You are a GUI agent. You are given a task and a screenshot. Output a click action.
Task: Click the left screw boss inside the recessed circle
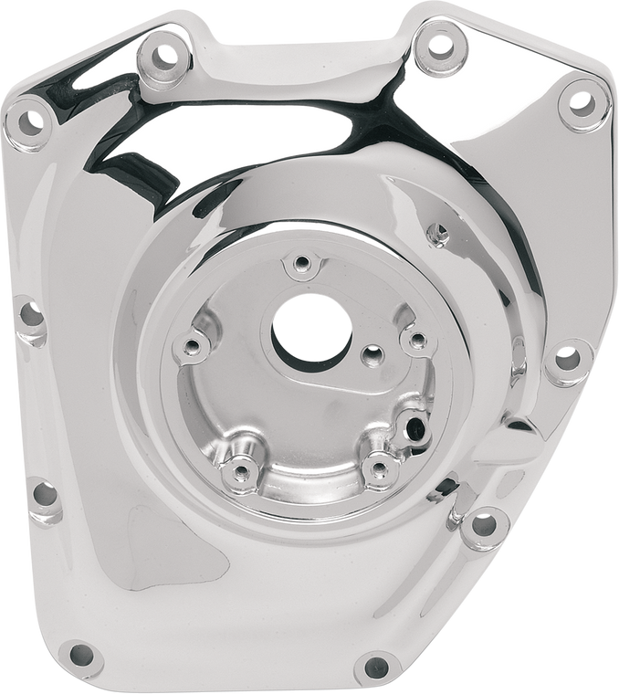click(x=192, y=346)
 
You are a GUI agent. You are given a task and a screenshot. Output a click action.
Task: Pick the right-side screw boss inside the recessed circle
click(x=417, y=341)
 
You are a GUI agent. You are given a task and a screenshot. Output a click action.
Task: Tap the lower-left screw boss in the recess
click(x=241, y=470)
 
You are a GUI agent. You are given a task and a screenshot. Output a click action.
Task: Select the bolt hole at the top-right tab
click(x=439, y=42)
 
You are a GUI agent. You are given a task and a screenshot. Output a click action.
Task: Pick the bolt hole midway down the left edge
click(x=30, y=315)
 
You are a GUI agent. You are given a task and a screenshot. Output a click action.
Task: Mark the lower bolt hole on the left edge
click(x=41, y=494)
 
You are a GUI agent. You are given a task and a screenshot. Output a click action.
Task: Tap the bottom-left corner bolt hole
click(x=80, y=654)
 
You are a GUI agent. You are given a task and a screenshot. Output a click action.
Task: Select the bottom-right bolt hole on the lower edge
click(x=373, y=664)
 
